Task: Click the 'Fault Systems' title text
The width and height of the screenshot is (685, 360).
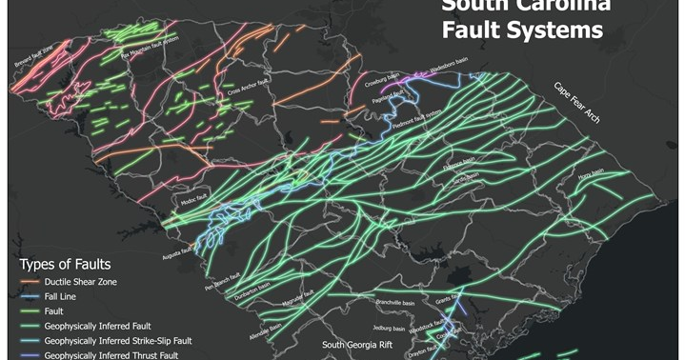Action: pos(522,30)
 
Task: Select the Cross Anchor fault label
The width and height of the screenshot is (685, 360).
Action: pos(247,93)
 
